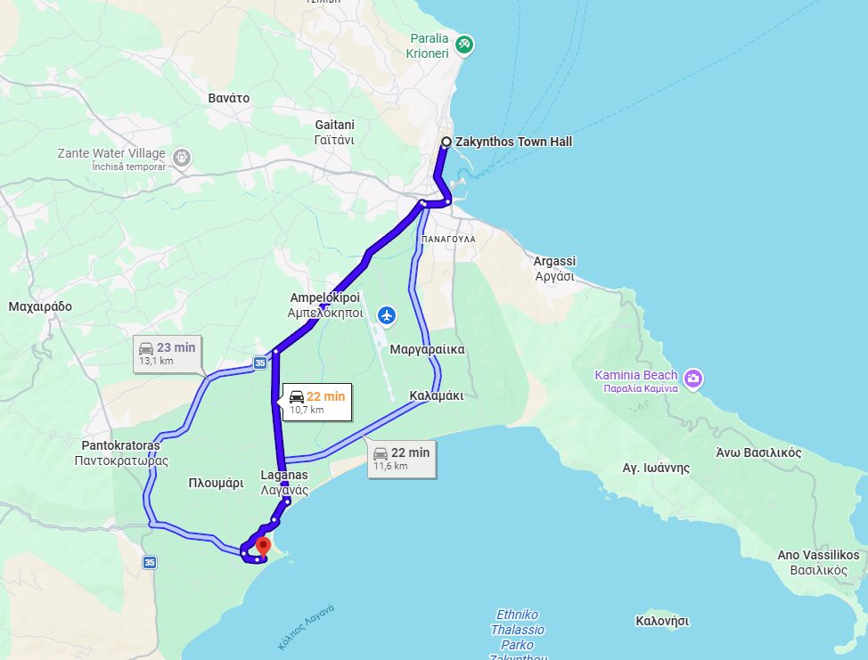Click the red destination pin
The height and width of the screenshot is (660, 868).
pos(263,546)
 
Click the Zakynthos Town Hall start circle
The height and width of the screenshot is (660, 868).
pos(446,142)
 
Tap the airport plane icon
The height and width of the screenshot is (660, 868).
pos(387,314)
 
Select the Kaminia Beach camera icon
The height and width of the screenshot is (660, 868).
pos(693,379)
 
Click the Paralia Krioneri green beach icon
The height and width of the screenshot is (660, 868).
pos(463,45)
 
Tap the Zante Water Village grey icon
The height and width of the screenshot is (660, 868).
pos(182,159)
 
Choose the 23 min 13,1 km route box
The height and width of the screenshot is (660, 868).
pos(167,353)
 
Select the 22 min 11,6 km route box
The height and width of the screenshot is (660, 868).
pos(401,458)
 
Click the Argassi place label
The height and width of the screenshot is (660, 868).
pos(554,268)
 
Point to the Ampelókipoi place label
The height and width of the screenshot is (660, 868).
pos(324,305)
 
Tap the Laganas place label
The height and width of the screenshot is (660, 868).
pos(284,482)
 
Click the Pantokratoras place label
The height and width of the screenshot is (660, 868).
pos(120,452)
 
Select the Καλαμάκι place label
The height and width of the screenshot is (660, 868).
pos(437,395)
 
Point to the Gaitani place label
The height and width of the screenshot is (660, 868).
pos(335,132)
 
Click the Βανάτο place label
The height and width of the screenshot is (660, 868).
pos(228,98)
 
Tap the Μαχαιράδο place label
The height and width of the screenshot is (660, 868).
pos(39,306)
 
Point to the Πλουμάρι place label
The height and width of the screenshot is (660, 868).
pos(216,484)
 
